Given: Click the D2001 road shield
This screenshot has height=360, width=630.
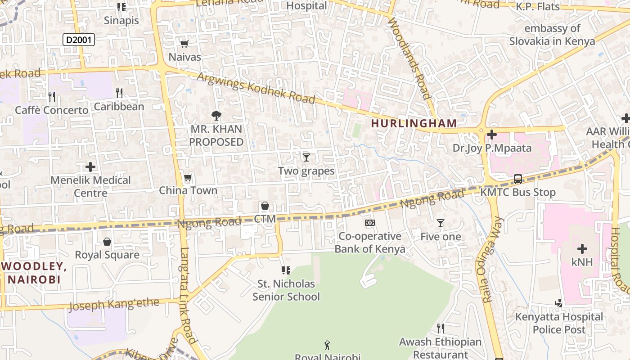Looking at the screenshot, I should click(78, 40).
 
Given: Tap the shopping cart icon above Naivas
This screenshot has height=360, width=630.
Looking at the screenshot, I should click(184, 44).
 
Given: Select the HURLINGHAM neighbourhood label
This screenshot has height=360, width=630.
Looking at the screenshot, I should click(414, 123).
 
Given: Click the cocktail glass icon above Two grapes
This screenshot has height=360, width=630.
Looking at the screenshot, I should click(306, 157).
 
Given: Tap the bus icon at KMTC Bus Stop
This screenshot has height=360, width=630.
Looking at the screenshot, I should click(518, 179).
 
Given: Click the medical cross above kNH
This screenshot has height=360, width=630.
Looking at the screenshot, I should click(582, 248).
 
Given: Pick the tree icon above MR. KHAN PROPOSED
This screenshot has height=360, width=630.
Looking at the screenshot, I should click(216, 116).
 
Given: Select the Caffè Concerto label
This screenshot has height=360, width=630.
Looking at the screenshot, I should click(52, 110).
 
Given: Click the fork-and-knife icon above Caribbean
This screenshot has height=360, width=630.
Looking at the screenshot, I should click(119, 93).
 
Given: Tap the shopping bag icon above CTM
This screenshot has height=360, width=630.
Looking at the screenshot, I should click(265, 206).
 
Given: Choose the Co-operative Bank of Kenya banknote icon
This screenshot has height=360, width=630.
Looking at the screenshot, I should click(369, 223).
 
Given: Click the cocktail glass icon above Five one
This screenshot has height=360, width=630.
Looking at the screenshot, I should click(441, 223).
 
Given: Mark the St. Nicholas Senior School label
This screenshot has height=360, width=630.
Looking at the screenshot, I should click(286, 290).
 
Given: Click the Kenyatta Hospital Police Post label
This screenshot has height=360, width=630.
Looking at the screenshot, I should click(559, 323).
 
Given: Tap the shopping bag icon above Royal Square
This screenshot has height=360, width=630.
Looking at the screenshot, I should click(107, 242).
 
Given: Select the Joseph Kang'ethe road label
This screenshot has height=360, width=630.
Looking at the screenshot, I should click(114, 305).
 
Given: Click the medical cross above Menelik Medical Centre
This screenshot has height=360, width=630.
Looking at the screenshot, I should click(90, 167).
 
